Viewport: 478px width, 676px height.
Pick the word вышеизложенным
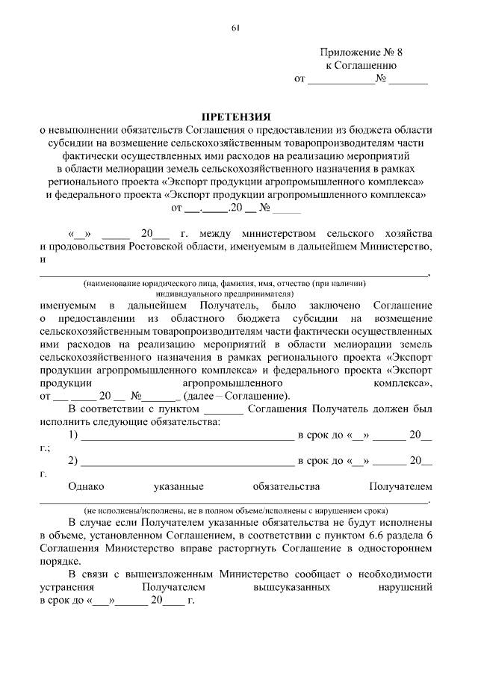point(173,574)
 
